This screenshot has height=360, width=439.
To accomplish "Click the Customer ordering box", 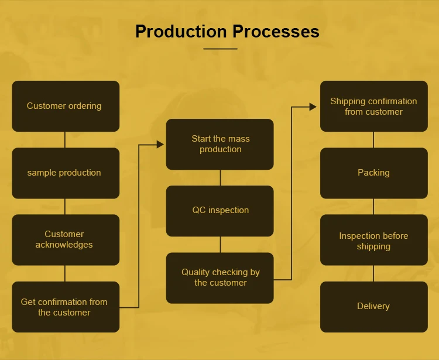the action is click(66, 106).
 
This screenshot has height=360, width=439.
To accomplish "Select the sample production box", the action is click(66, 173).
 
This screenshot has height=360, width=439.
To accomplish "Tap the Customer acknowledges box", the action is click(66, 239).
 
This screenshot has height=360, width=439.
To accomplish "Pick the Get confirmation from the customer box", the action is click(66, 307).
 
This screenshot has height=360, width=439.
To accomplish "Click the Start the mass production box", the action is click(220, 144).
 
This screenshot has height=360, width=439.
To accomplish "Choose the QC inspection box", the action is click(220, 211).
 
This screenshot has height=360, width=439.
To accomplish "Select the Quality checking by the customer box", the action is click(220, 278).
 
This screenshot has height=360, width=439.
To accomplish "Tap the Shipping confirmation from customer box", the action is click(374, 106).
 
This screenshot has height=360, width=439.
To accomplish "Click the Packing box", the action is click(374, 173).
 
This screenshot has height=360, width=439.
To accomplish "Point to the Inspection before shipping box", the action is click(374, 239).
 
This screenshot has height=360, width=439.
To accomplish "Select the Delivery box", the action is click(374, 307).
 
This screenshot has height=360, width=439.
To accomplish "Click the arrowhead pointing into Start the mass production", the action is click(160, 145).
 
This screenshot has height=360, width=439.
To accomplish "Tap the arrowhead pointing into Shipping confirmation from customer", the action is click(313, 107).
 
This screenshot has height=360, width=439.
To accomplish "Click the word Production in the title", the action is click(181, 31).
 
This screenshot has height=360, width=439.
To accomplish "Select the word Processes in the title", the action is click(276, 31).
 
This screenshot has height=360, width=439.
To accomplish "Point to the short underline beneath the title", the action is click(220, 49).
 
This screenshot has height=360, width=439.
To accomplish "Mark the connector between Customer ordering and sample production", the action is click(65, 140).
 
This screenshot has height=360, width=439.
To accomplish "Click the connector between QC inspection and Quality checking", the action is click(220, 244).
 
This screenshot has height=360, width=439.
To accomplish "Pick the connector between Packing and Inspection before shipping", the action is click(373, 207).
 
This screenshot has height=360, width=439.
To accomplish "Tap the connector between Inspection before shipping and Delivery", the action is click(373, 273).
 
